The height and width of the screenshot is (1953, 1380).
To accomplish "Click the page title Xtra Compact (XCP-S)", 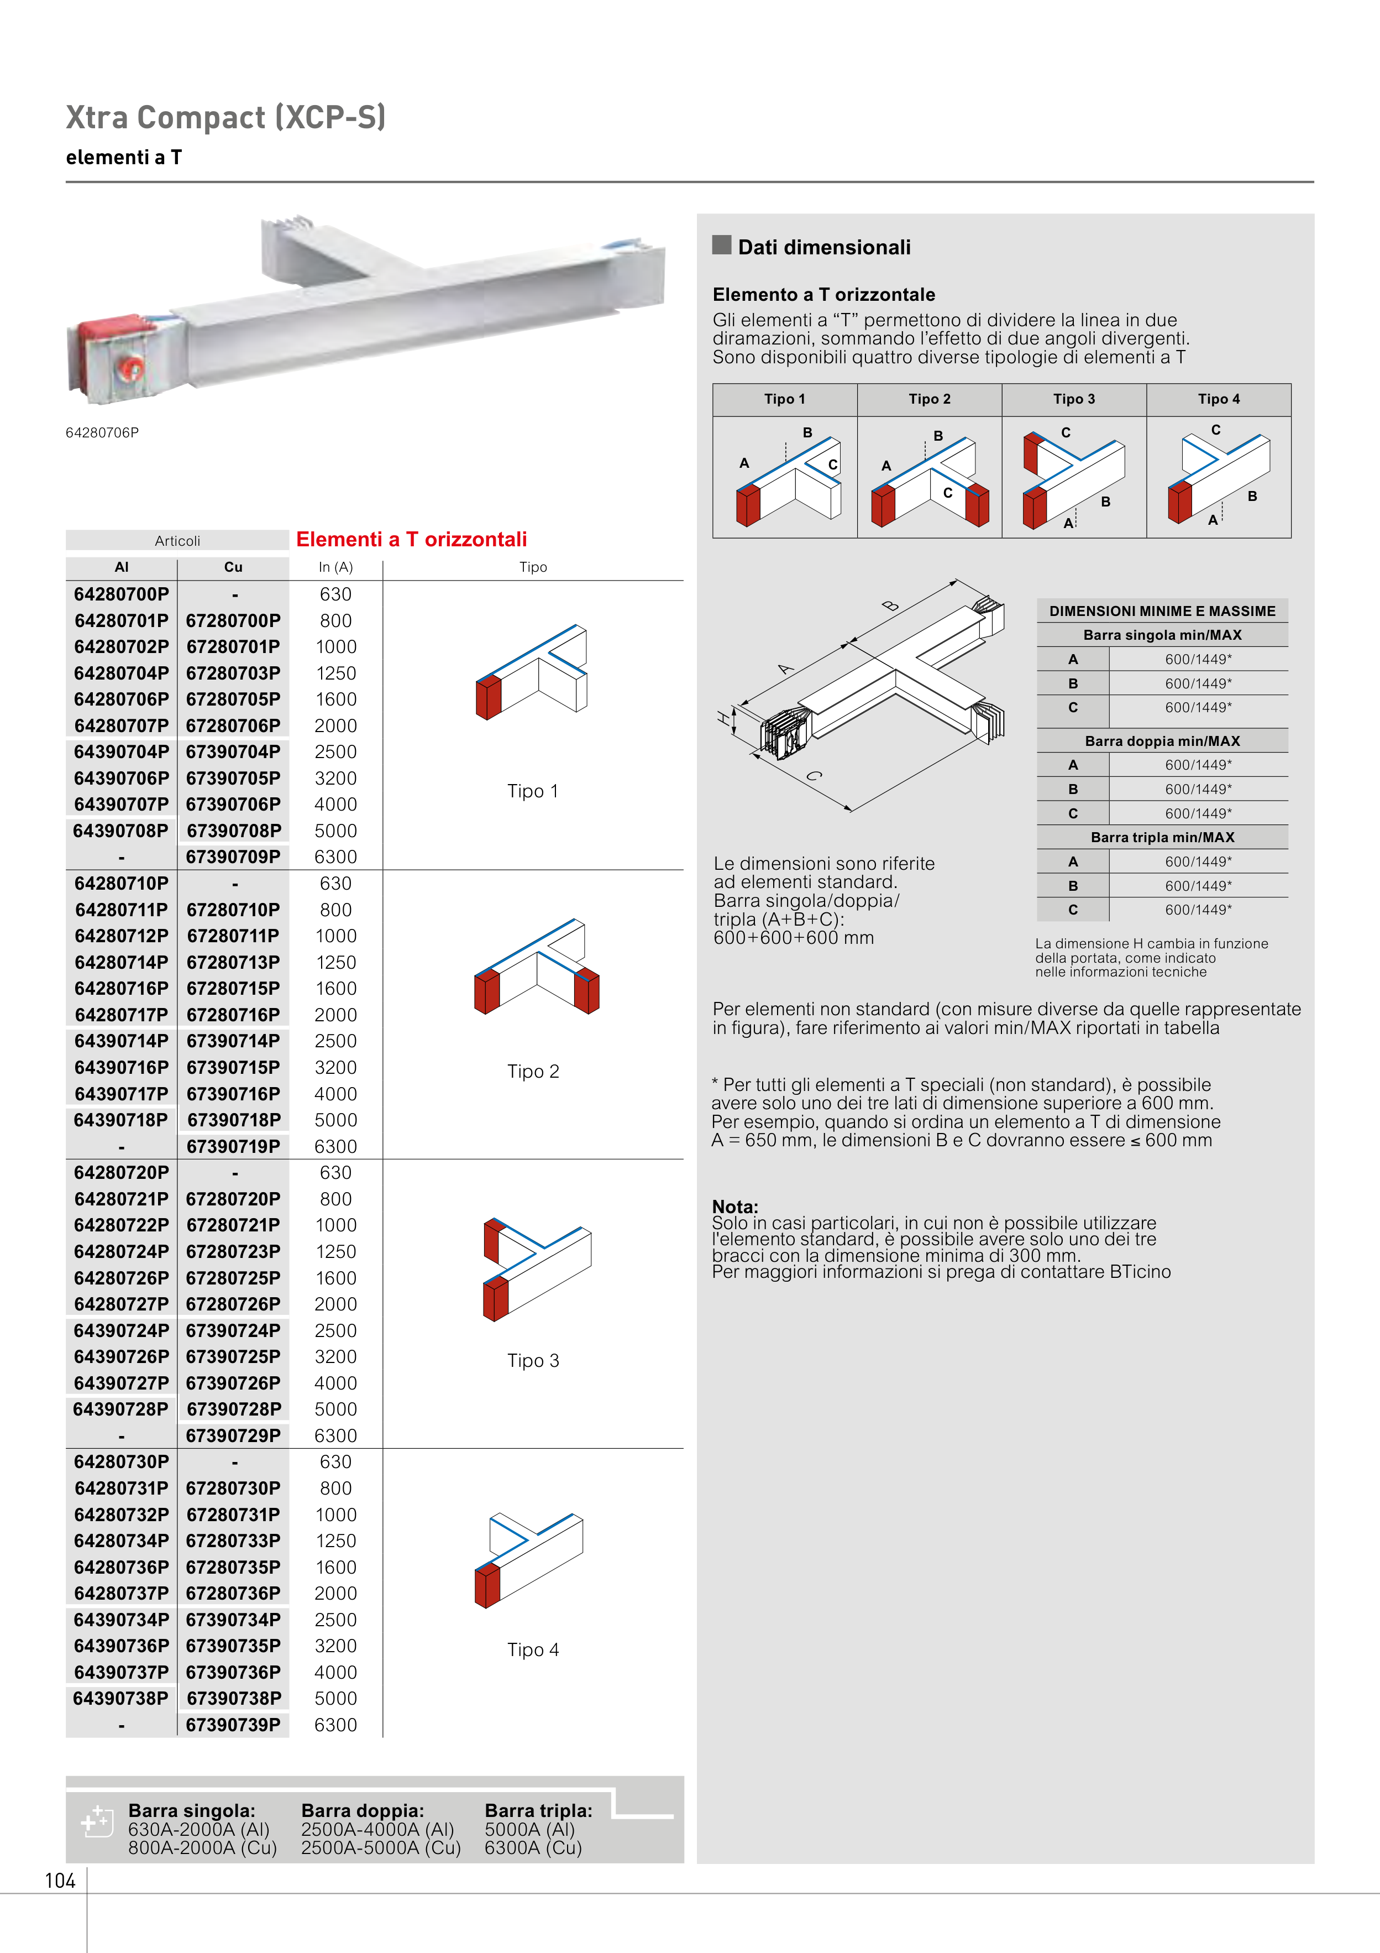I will click(x=225, y=117).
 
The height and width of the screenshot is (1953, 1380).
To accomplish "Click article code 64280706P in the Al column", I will click(x=122, y=699).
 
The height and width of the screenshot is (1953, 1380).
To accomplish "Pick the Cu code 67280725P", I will click(x=233, y=1278).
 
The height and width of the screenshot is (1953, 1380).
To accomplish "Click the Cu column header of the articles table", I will click(x=233, y=567).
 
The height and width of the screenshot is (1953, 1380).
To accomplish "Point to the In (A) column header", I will click(x=336, y=567).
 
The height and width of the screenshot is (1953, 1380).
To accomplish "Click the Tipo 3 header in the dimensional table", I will click(x=1074, y=399).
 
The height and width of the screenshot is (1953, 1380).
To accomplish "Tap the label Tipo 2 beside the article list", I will click(x=533, y=1072).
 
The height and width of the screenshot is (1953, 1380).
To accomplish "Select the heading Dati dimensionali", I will click(x=824, y=248).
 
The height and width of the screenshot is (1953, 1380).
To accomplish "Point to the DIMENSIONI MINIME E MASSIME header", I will click(x=1162, y=611).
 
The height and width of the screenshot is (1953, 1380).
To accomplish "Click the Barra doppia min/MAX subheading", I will click(x=1162, y=741).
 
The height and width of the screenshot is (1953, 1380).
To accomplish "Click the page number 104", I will click(x=60, y=1881).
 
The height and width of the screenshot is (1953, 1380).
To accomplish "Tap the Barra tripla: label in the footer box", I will click(x=538, y=1811).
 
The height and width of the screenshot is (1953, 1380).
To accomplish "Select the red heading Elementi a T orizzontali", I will click(x=412, y=539).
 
